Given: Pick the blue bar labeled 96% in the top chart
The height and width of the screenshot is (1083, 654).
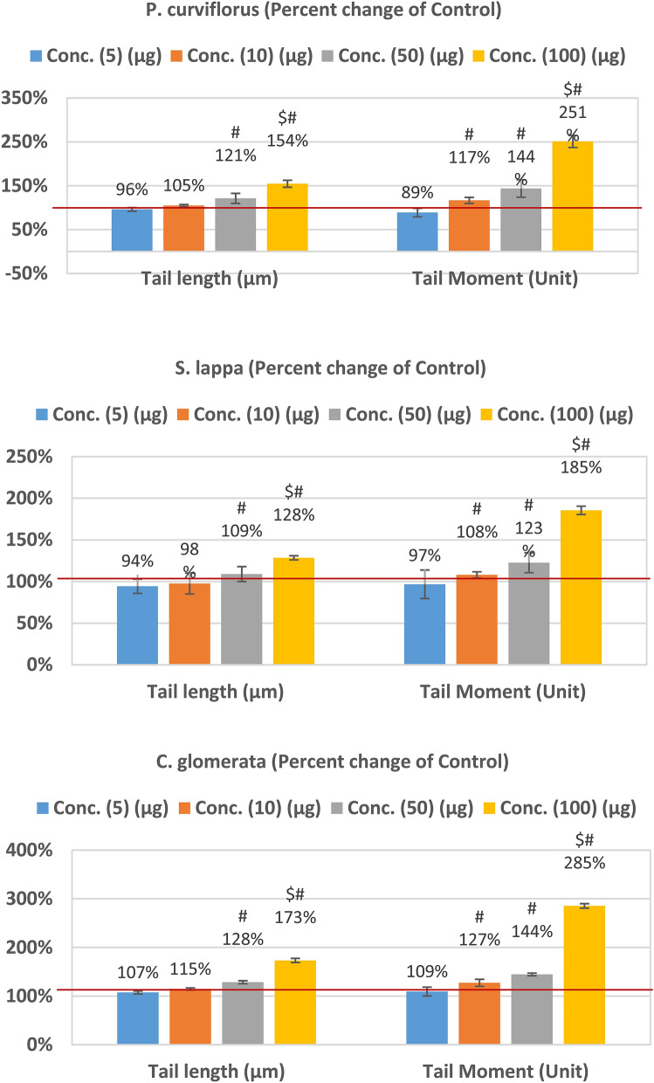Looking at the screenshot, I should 132,230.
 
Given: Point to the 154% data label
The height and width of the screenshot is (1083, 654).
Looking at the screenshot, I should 287,141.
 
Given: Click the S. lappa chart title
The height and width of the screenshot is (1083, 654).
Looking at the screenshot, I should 327,369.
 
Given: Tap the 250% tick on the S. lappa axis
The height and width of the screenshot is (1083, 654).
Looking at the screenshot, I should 27,457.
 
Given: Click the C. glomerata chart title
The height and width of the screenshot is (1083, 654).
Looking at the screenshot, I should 327,762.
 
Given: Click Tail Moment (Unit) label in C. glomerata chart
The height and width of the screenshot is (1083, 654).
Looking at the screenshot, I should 503,1069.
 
